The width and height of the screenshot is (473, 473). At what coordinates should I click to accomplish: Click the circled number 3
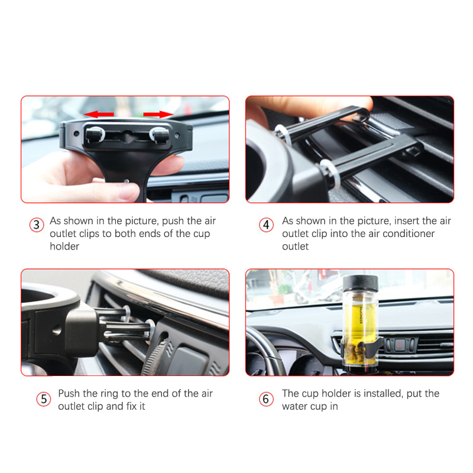pos(37,225)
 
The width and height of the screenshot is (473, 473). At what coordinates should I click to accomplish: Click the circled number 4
pos(266,225)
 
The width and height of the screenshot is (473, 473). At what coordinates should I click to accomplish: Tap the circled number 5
pos(44,399)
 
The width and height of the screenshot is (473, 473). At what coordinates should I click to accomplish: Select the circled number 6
pos(266,399)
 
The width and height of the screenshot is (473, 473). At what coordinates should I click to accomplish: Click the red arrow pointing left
pos(99,114)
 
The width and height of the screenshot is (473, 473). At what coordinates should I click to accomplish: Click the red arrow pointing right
pos(158,114)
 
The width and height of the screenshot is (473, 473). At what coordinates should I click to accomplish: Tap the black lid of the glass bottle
pos(360,283)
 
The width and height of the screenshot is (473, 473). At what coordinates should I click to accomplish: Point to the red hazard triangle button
pos(400,344)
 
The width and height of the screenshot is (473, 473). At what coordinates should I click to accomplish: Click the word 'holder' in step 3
pos(64,247)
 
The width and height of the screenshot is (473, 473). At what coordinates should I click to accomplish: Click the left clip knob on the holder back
pos(95,134)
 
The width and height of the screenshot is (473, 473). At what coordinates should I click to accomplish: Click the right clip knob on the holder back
pos(160,134)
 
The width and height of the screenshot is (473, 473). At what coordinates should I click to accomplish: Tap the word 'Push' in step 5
pos(69,393)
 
